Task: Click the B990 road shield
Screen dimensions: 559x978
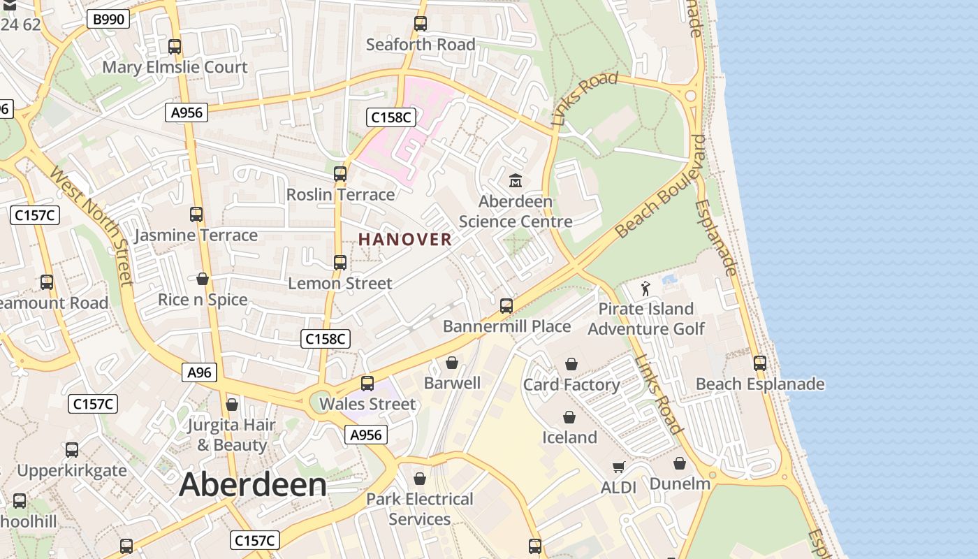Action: tap(109, 19)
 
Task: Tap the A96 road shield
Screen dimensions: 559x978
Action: tap(199, 372)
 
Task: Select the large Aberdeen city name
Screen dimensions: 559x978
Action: tap(253, 484)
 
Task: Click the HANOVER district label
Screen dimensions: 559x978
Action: tap(405, 240)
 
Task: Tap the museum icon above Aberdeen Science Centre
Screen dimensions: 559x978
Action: tap(516, 181)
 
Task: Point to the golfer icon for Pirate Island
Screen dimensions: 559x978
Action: tap(645, 288)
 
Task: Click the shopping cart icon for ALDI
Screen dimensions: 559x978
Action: tap(618, 467)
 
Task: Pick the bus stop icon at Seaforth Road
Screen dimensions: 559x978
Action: tap(420, 24)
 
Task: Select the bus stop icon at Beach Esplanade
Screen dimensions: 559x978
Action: tap(759, 363)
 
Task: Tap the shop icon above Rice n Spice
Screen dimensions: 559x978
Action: tap(203, 279)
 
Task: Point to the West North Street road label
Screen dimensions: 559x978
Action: tap(91, 225)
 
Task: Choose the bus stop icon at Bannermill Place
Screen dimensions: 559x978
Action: tap(506, 306)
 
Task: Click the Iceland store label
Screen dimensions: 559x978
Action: tap(569, 437)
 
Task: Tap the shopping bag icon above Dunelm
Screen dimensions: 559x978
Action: tap(679, 463)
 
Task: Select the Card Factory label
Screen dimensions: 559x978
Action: tap(571, 385)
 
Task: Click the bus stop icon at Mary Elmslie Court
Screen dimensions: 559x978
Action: tap(175, 47)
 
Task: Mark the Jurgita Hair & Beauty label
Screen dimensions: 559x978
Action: tap(231, 435)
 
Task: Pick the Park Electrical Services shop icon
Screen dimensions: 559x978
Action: tap(420, 479)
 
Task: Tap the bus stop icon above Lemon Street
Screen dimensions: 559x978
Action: tap(340, 263)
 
